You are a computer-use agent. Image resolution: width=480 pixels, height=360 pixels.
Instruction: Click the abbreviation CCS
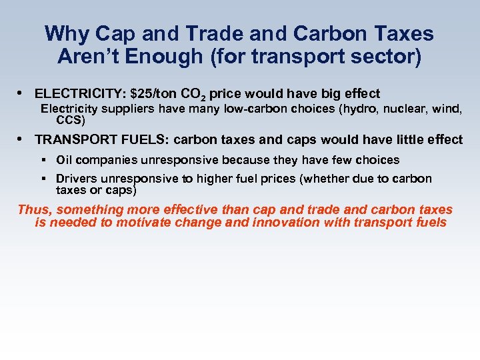(70, 121)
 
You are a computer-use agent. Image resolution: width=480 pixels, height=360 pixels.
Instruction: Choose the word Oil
(65, 160)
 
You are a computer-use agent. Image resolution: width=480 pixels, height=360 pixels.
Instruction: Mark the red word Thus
(34, 210)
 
